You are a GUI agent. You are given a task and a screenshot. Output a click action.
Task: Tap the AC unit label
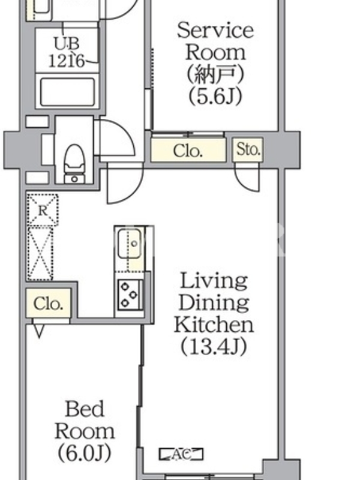(x=181, y=454)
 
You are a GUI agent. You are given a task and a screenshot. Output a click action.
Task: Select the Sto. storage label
(x=248, y=149)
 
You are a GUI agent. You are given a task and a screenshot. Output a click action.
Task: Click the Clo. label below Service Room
(x=188, y=151)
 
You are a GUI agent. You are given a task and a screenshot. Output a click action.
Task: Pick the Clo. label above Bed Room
(x=48, y=304)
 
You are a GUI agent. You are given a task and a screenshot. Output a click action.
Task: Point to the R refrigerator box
(x=42, y=211)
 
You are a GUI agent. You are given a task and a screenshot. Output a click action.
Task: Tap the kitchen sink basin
(x=130, y=244)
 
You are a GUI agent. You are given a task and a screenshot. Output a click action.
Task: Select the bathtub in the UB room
(x=68, y=92)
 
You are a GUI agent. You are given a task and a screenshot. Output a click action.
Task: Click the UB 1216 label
(x=67, y=52)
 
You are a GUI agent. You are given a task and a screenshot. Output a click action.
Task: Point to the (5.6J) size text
(x=215, y=96)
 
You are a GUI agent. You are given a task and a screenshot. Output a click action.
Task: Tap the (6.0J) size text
(x=85, y=453)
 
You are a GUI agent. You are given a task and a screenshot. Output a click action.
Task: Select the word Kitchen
(x=214, y=325)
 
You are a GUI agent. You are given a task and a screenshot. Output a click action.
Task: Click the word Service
(x=215, y=31)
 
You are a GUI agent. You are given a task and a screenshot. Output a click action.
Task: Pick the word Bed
(x=85, y=409)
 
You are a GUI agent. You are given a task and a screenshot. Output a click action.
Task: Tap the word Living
(x=214, y=281)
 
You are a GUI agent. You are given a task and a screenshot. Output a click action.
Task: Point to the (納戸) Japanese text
(x=215, y=74)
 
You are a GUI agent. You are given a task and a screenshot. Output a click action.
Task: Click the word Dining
(x=214, y=302)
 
